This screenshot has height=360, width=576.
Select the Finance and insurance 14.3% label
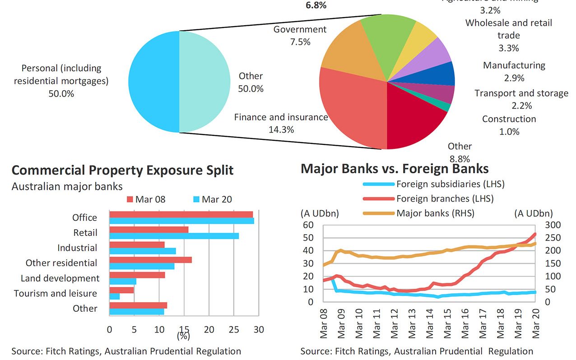(281, 123)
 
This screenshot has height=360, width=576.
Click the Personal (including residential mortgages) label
(62, 81)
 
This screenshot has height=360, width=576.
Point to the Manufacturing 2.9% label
(514, 71)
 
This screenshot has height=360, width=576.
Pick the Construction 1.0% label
(509, 125)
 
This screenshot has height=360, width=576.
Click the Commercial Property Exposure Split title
(122, 170)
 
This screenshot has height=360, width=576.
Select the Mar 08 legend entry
(146, 199)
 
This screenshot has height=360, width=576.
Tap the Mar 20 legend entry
(212, 199)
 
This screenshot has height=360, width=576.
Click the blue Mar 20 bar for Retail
(174, 236)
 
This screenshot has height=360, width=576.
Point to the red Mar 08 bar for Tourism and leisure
(121, 290)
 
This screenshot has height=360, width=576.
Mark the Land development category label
(60, 278)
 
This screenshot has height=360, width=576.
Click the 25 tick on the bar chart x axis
(233, 330)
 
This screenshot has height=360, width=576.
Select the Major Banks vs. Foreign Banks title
(395, 168)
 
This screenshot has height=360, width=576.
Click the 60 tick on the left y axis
(308, 225)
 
